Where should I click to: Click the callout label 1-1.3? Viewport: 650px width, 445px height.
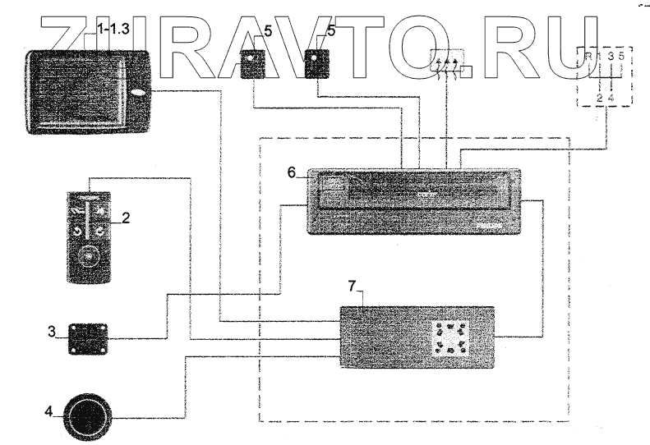point(114,29)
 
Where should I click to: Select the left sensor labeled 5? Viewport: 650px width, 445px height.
point(253,64)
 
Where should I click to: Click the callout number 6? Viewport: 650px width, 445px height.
point(291,174)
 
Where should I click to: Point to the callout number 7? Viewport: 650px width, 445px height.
point(351,286)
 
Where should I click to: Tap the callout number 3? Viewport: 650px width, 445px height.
point(51,332)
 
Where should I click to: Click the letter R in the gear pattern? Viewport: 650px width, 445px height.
point(588,57)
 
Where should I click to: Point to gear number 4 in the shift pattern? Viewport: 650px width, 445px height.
point(611,99)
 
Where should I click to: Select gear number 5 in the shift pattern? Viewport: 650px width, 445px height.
point(621,57)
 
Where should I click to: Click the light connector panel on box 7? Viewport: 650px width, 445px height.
point(450,337)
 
